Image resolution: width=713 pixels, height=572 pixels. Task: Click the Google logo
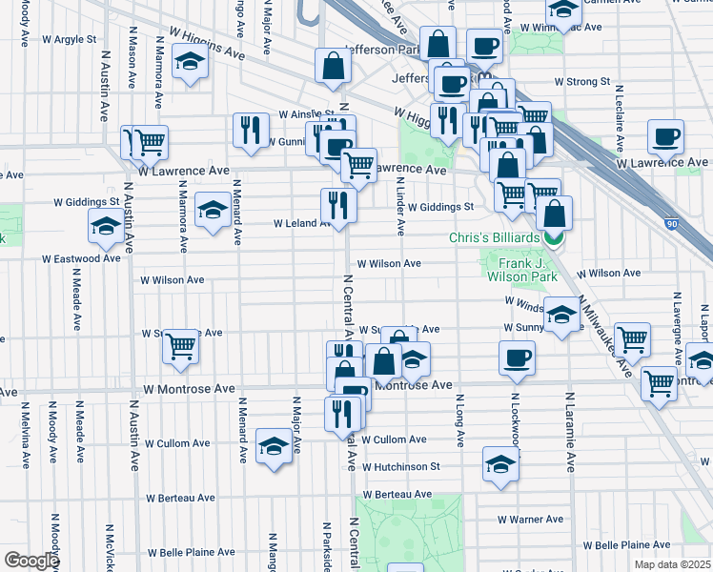coord(31,561)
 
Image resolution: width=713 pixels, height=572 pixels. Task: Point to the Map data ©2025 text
coord(671,564)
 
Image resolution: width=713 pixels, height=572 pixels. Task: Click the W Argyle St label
coord(70,41)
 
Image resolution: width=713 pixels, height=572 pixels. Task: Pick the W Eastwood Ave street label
coord(81,258)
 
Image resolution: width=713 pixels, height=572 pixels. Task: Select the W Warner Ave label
coord(530,520)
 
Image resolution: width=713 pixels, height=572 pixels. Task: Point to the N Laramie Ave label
coord(570,432)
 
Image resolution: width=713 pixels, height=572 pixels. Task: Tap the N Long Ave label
coord(459,420)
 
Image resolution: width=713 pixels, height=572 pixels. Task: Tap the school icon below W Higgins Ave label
coord(191,64)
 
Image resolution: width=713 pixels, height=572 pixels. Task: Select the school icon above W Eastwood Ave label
coord(105,225)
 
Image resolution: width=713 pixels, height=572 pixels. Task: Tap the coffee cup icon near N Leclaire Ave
coord(665,135)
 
